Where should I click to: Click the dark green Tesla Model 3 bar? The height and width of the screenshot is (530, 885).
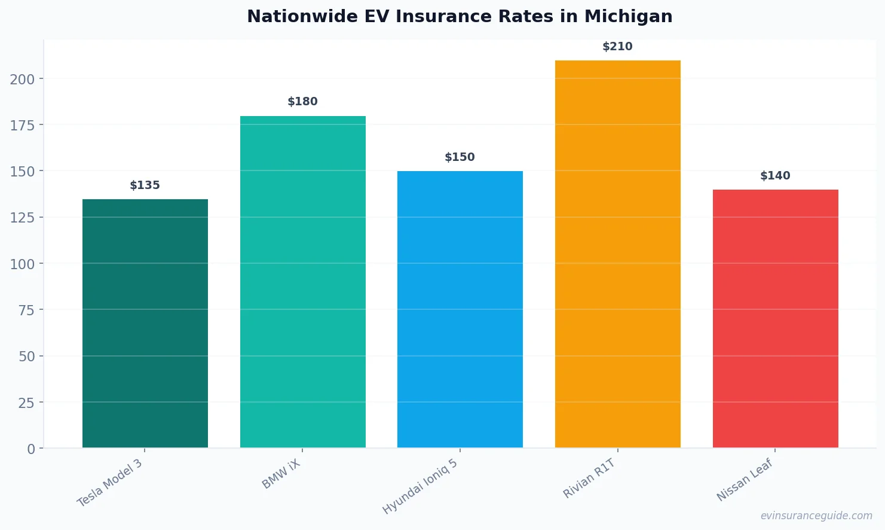[145, 323]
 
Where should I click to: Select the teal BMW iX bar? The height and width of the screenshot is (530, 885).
[302, 282]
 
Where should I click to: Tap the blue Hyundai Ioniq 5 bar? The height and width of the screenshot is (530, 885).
[460, 309]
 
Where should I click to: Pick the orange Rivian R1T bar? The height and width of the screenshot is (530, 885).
[617, 254]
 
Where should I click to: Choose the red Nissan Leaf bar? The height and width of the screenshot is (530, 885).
[775, 318]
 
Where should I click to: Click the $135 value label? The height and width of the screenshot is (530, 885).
[145, 185]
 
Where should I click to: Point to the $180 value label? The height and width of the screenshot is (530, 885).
[302, 102]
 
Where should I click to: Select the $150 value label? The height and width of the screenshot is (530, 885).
[460, 157]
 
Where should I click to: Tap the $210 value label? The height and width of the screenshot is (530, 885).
[617, 47]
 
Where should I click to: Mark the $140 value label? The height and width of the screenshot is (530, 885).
[775, 176]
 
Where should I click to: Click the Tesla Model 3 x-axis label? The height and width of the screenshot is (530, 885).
[110, 483]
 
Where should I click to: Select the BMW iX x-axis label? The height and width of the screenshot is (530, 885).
[281, 474]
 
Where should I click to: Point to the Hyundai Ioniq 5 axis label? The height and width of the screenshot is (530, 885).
[420, 486]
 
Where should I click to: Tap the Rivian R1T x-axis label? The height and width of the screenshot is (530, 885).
[589, 479]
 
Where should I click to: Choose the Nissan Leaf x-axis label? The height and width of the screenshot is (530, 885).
[745, 480]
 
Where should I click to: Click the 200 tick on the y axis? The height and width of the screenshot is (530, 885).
[22, 79]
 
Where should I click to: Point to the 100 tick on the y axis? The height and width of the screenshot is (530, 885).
[22, 264]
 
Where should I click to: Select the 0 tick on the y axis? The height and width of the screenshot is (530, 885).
[31, 449]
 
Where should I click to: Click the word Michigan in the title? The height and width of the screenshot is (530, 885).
[628, 17]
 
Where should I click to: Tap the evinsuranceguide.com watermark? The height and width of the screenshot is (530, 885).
[816, 516]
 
